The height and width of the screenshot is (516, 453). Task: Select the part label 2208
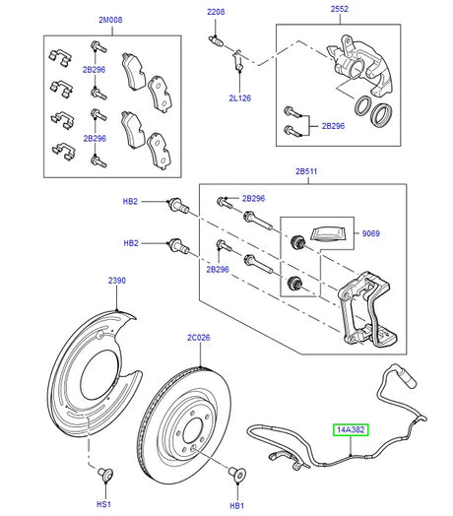(x=216, y=12)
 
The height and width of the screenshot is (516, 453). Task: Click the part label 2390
(x=117, y=281)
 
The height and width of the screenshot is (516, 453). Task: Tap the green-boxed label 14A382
(x=353, y=429)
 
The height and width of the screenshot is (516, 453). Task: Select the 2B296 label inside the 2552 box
(x=334, y=127)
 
